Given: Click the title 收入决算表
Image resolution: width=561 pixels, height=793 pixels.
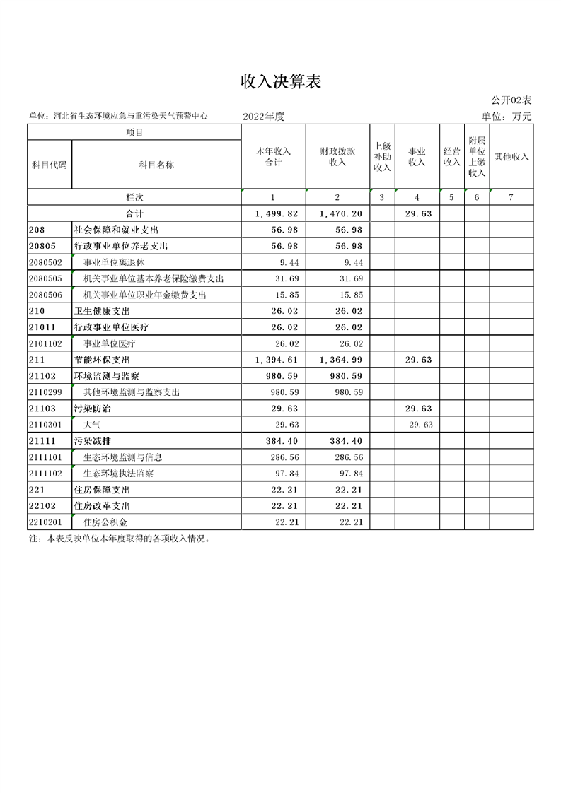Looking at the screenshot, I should pos(280,83).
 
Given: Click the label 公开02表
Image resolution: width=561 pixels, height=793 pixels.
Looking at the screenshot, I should pos(511,102).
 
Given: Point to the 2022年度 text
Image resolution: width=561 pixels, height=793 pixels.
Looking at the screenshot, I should pos(263,117).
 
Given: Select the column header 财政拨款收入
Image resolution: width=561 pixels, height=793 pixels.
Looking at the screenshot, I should pos(337,157).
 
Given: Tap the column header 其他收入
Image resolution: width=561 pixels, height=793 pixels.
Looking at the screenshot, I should pos(511,157).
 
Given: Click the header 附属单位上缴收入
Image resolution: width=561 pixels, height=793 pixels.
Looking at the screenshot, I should pos(477,157).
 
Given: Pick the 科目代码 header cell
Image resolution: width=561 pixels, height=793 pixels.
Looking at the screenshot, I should pos(50,165).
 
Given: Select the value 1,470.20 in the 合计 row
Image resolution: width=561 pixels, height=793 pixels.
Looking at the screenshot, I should pos(341,213).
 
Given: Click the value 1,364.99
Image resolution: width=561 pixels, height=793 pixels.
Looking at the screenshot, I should pos(341,360).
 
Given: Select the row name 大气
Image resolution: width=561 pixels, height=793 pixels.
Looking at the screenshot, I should pos(91,425).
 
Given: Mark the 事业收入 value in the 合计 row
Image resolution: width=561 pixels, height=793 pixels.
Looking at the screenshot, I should pos(418,213).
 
